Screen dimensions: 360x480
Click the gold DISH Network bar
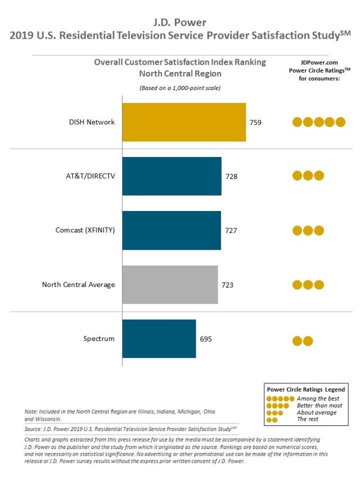(x=184, y=122)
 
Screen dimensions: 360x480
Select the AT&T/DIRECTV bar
(x=172, y=176)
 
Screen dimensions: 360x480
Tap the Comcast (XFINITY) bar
(x=172, y=230)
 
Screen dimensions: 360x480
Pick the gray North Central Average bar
(x=170, y=284)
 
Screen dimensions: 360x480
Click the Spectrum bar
(x=159, y=339)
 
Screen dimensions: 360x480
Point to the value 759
(x=255, y=123)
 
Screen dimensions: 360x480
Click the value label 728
(x=231, y=176)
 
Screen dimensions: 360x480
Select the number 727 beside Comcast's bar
(x=231, y=231)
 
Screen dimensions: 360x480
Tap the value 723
(x=227, y=285)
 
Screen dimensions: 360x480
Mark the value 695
(x=206, y=339)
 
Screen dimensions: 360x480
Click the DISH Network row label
(x=92, y=122)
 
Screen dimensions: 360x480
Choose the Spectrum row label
(x=99, y=339)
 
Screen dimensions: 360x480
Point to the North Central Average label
(x=78, y=285)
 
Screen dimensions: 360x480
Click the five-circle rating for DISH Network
(x=319, y=122)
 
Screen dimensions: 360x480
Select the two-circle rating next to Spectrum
(x=303, y=340)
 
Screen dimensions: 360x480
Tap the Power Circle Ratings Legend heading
(x=306, y=389)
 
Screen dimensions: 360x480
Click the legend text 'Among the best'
(x=318, y=398)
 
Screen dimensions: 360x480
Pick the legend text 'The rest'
(x=308, y=419)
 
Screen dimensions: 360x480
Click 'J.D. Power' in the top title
(x=180, y=23)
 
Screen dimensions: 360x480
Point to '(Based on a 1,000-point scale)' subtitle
(x=180, y=88)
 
